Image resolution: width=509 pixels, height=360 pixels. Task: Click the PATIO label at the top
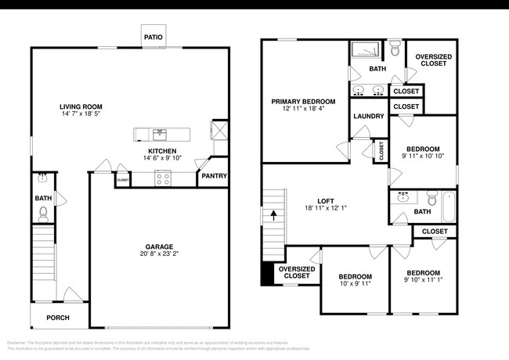pos(153,37)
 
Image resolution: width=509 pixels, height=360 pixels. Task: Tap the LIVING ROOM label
pos(81,106)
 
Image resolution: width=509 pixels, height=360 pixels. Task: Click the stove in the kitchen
pos(164,178)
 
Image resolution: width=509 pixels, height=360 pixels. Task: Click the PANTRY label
pos(214,176)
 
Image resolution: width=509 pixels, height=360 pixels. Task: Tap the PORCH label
pos(58,318)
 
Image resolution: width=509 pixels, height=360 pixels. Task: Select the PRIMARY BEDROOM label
pos(303,101)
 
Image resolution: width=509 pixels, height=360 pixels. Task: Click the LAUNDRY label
pos(368,117)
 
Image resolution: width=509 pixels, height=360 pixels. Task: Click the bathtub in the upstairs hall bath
pos(449,206)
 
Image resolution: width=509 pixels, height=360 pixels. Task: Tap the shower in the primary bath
pos(364,50)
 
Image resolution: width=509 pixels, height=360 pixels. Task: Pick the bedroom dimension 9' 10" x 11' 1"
pos(423,279)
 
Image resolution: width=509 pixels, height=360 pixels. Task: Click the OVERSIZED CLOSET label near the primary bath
pos(431,60)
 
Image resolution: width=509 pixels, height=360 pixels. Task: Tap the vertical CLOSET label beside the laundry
pos(381,149)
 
